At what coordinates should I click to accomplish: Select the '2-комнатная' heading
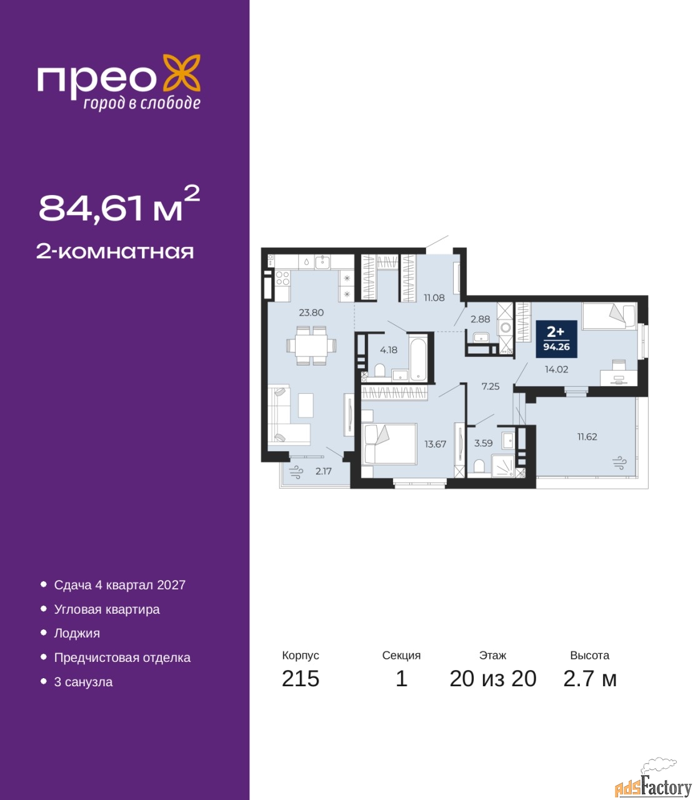(x=115, y=252)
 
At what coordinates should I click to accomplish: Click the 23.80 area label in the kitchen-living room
(x=311, y=312)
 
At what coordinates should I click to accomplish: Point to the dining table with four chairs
(x=311, y=345)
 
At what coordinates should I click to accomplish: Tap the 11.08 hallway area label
(x=434, y=297)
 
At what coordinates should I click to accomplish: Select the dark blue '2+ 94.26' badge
(x=556, y=339)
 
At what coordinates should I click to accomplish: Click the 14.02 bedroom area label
(x=556, y=369)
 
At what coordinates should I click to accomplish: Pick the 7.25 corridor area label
(x=491, y=386)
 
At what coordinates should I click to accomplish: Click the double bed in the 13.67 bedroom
(x=389, y=444)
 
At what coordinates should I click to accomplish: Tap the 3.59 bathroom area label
(x=483, y=443)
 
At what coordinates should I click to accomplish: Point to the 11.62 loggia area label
(x=587, y=437)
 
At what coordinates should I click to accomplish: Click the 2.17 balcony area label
(x=324, y=471)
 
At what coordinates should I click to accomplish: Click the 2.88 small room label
(x=480, y=319)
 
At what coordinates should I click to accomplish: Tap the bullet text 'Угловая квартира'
(x=107, y=609)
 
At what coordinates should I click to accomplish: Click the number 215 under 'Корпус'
(x=301, y=679)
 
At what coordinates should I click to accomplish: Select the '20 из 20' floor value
(x=493, y=679)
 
